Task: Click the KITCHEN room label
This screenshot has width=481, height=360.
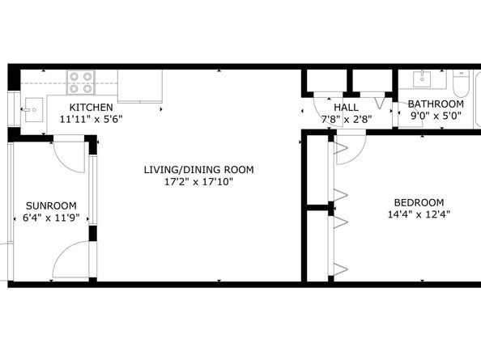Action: [92, 108]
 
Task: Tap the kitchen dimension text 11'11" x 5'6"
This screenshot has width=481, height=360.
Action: [92, 119]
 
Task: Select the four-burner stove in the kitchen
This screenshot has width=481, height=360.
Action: [81, 83]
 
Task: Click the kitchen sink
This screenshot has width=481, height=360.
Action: [34, 110]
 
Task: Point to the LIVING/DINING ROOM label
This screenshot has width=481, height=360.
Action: [198, 170]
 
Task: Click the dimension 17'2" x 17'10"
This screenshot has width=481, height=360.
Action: [198, 182]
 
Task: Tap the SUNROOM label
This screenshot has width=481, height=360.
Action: [51, 205]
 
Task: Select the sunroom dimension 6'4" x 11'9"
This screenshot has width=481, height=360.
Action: [51, 218]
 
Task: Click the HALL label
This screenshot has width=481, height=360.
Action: [346, 108]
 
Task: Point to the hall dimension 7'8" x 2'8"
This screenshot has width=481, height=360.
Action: [347, 119]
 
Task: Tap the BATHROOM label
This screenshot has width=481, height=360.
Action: [436, 104]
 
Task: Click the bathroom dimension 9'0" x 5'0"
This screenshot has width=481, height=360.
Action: [436, 116]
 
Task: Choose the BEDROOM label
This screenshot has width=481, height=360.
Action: [419, 202]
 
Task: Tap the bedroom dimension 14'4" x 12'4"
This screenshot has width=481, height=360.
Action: [419, 214]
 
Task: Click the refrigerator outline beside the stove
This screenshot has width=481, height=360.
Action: [140, 86]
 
